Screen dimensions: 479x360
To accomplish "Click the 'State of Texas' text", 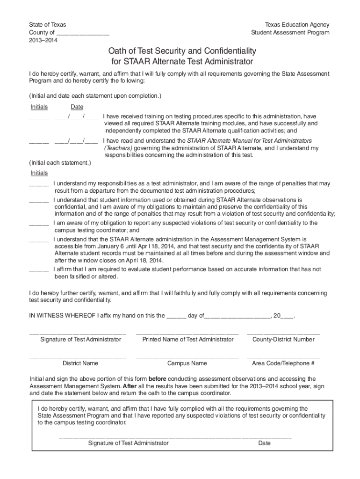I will (x=48, y=24).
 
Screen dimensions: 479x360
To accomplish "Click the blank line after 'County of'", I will (x=83, y=33).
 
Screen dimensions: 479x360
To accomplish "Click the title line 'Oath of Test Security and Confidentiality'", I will (x=182, y=51).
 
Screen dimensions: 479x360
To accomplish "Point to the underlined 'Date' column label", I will (x=77, y=107).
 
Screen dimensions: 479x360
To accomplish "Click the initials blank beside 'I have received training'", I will (x=39, y=116).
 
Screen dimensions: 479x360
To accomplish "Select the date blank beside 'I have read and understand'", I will (x=76, y=141).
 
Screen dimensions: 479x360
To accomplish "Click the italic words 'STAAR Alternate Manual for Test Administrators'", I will (x=249, y=140).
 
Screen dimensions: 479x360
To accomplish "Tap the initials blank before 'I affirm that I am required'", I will (x=39, y=270).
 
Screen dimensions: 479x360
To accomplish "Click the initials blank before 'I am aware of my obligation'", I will (x=39, y=224).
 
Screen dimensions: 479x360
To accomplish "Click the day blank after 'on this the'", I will (x=176, y=316).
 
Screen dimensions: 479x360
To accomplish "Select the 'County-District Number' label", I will (x=283, y=339).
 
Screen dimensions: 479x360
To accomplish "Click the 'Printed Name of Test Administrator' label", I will (x=188, y=339).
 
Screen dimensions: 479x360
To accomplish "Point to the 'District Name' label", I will (x=80, y=363).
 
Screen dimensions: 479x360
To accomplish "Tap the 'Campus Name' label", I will (x=187, y=363).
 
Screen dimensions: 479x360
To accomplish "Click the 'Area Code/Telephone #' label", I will (x=283, y=363).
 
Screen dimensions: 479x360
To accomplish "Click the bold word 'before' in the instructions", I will (x=158, y=379).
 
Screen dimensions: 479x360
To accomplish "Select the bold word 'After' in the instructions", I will (x=130, y=386).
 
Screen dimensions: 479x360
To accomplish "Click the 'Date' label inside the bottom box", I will (x=264, y=443).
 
